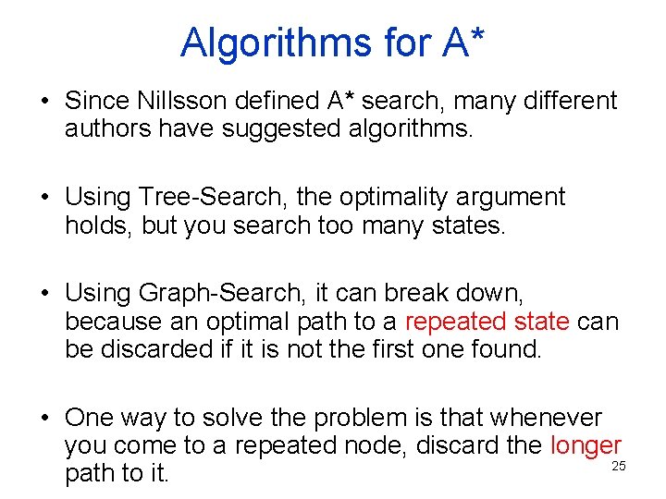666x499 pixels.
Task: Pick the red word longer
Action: [586, 445]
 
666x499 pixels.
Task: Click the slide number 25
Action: [619, 466]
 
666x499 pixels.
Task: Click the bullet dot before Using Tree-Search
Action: [45, 198]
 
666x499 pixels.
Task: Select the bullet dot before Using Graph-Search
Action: [45, 294]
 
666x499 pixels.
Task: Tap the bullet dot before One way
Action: [45, 419]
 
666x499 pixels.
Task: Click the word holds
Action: [99, 225]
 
